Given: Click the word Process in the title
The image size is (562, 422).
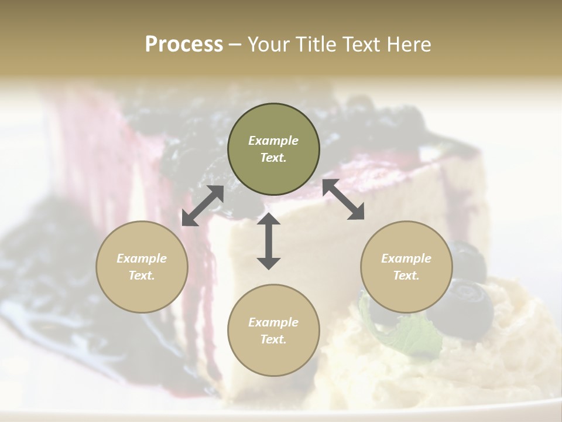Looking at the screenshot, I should tap(184, 45).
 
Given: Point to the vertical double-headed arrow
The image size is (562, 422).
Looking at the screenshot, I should tap(269, 241).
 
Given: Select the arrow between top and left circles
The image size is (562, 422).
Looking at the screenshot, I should tap(203, 206).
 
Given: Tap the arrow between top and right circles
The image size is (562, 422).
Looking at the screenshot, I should tap(343, 199).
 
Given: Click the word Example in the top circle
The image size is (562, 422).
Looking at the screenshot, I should tap(273, 141).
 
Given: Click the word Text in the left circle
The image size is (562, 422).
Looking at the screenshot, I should tap(142, 275).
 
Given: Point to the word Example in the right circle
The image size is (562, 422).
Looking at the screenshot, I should tap(406, 258).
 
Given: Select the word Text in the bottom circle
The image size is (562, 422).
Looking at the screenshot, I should tap(273, 339).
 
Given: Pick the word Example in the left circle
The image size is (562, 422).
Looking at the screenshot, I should tap(142, 258).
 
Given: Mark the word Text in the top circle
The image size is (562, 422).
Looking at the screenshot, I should tap(273, 158).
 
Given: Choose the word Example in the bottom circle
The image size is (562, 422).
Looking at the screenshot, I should tap(273, 322).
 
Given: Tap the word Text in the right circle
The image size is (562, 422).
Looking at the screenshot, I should tap(406, 275).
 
